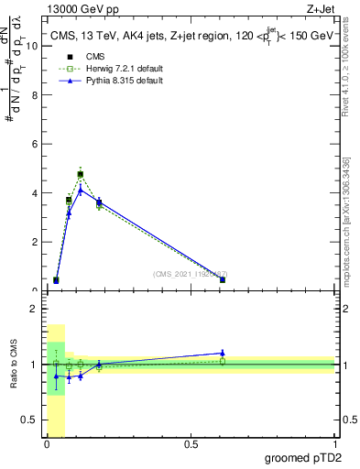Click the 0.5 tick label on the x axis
(191, 444)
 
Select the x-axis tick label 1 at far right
(334, 444)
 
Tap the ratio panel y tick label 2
(34, 309)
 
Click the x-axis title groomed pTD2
(302, 457)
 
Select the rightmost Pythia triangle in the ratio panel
(223, 353)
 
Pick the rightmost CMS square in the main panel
(223, 279)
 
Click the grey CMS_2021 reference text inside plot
(190, 274)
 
